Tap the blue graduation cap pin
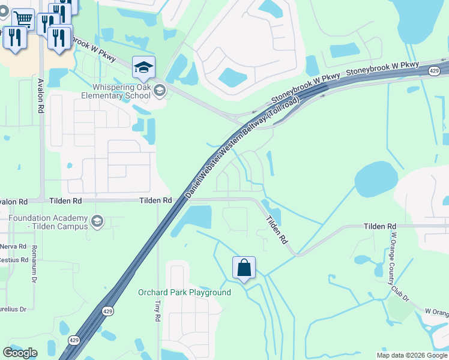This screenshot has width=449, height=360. click(143, 68)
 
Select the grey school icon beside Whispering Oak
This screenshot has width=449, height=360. click(159, 91)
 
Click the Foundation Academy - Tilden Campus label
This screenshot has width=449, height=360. click(48, 223)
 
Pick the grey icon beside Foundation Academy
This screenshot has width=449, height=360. click(96, 223)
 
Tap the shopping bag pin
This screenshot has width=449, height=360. click(244, 268)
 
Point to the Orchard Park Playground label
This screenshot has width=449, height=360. click(184, 293)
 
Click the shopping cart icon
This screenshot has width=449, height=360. click(23, 19)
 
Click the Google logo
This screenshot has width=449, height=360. click(20, 353)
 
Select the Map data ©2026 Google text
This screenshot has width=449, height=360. click(412, 355)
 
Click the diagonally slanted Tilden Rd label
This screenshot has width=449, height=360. click(277, 230)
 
